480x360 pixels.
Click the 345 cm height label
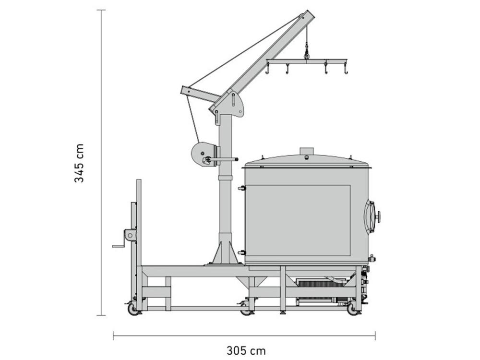79,163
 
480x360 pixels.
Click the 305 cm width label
245,350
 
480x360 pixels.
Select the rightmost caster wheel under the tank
353,310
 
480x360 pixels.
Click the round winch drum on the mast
202,155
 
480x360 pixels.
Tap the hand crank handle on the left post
118,246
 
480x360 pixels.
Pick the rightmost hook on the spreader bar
345,71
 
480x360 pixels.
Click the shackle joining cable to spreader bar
306,56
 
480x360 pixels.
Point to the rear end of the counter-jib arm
184,90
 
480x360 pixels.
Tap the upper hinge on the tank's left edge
241,189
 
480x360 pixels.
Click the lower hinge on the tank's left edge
241,252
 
